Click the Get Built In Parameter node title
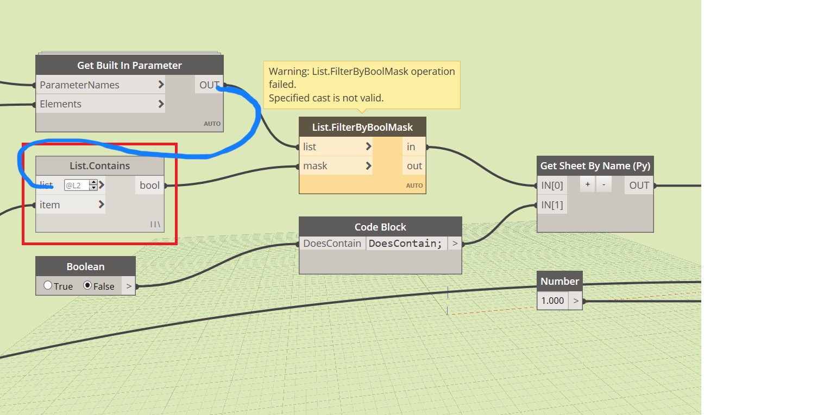coord(129,66)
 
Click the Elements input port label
coord(60,104)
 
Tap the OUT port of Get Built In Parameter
coord(209,85)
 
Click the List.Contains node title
coord(100,165)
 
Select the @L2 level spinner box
coord(80,185)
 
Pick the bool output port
coord(150,185)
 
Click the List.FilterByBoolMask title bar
coord(362,127)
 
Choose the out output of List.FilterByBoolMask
coord(414,165)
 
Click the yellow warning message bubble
coord(362,85)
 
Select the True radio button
coord(47,285)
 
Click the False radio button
coord(87,285)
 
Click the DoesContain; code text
coord(405,244)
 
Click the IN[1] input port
coord(552,205)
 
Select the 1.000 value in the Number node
coord(552,301)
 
